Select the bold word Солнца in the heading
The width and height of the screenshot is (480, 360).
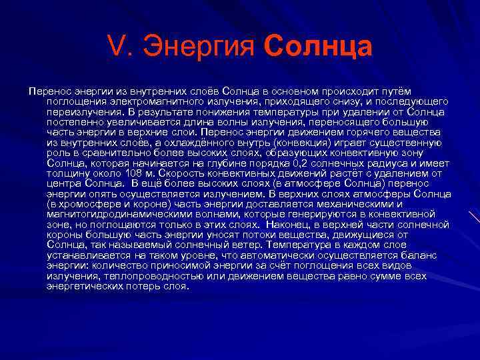tap(318, 48)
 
